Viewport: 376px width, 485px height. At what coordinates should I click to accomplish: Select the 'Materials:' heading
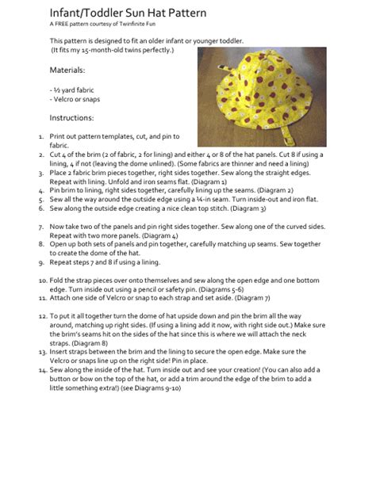(x=67, y=70)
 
